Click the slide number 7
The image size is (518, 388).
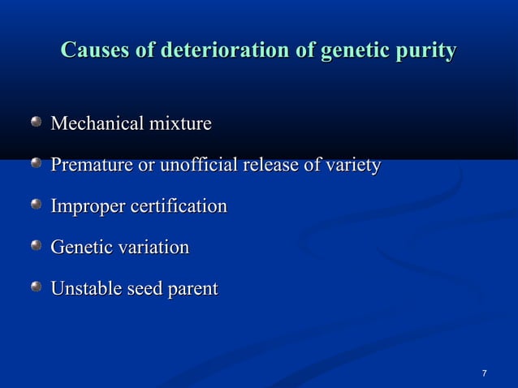484,373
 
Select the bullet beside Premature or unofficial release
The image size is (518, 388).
37,165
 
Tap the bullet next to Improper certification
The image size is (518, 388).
37,205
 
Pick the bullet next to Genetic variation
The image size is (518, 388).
37,246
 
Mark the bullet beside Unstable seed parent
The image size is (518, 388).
37,287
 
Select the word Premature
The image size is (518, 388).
90,166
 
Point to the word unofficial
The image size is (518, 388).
195,166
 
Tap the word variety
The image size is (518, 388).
352,166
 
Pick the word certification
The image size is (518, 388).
177,207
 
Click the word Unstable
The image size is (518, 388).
84,288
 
